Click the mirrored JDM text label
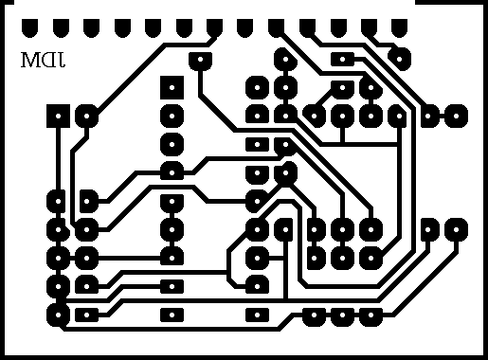(x=43, y=60)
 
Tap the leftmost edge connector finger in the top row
(x=29, y=28)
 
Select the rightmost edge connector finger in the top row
(x=399, y=28)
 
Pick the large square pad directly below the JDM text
(x=58, y=116)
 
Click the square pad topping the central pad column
(x=172, y=87)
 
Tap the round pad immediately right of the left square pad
(x=86, y=116)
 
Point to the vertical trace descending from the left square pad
(x=58, y=159)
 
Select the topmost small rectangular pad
(x=342, y=59)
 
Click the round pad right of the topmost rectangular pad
(x=399, y=59)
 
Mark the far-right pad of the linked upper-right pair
(x=456, y=116)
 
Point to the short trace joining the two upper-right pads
(x=442, y=116)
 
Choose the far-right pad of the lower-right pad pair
(x=456, y=229)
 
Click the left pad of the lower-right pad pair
(x=427, y=229)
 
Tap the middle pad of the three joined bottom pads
(x=342, y=315)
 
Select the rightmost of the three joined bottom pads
(x=371, y=315)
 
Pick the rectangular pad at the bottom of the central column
(x=172, y=315)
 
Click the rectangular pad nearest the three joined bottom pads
(x=257, y=315)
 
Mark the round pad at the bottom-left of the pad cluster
(x=58, y=315)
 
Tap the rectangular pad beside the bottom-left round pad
(x=86, y=315)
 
